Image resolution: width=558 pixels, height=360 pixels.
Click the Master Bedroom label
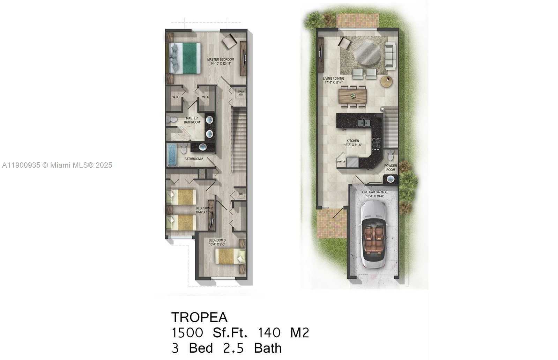pyautogui.click(x=221, y=61)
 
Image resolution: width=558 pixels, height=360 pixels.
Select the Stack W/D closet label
pyautogui.click(x=241, y=93)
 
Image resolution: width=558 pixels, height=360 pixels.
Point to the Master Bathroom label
pyautogui.click(x=192, y=120)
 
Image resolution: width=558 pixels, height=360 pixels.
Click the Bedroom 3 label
pyautogui.click(x=217, y=242)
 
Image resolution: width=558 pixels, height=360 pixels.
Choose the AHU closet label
pyautogui.click(x=241, y=194)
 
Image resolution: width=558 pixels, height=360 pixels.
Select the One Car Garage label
pyautogui.click(x=375, y=194)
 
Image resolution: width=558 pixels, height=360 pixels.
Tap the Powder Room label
pyautogui.click(x=390, y=168)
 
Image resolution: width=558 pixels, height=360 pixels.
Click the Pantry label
pyautogui.click(x=341, y=162)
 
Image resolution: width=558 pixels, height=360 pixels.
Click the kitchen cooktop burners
pyautogui.click(x=376, y=143)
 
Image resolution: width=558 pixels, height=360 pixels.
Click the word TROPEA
pyautogui.click(x=199, y=317)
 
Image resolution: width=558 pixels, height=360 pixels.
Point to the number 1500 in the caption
pyautogui.click(x=187, y=333)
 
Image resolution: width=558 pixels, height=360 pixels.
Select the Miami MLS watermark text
pyautogui.click(x=57, y=165)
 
